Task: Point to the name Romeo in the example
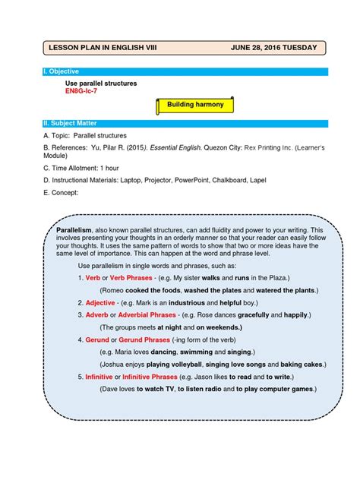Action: [118, 290]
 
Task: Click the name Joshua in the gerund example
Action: [118, 364]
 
